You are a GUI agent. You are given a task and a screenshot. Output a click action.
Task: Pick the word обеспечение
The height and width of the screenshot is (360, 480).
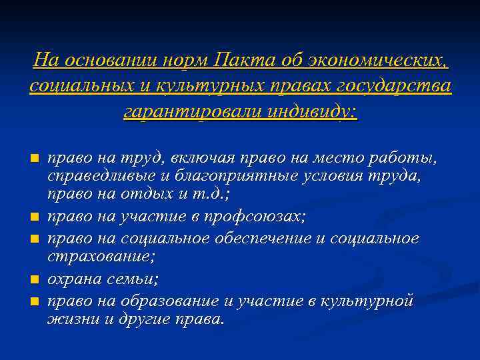pyautogui.click(x=251, y=238)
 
